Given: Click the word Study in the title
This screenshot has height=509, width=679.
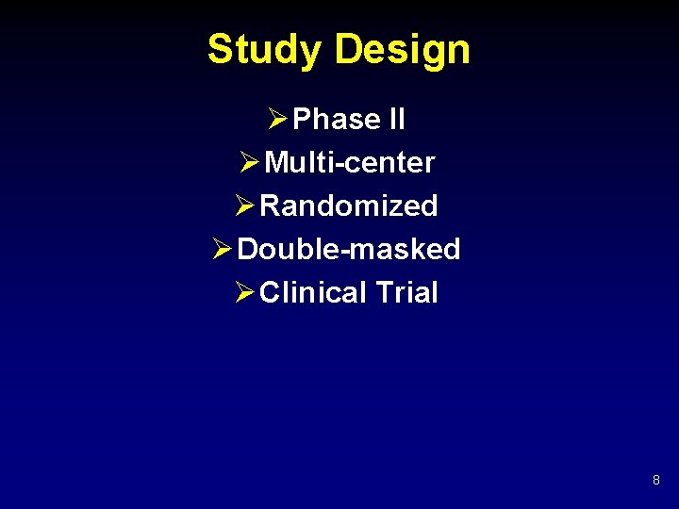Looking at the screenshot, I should [265, 49].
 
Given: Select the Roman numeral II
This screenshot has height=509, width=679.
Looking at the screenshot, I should [396, 120].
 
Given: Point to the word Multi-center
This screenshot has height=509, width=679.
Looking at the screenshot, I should [350, 163].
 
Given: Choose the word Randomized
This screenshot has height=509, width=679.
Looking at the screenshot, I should [349, 205].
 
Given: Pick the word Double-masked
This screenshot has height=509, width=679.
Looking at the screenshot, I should [349, 249].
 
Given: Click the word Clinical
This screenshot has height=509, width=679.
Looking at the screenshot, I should [313, 292].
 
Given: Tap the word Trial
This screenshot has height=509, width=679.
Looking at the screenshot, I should [406, 292].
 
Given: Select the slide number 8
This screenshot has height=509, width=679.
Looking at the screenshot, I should [655, 481].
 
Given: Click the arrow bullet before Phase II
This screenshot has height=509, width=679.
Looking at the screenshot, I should [277, 120].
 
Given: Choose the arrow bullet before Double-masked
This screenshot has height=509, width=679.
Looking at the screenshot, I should [223, 249].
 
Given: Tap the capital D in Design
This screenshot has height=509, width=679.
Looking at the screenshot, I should [349, 49].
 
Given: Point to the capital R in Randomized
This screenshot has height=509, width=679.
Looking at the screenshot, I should [271, 205].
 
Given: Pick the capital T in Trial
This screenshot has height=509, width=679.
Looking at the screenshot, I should [384, 292].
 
